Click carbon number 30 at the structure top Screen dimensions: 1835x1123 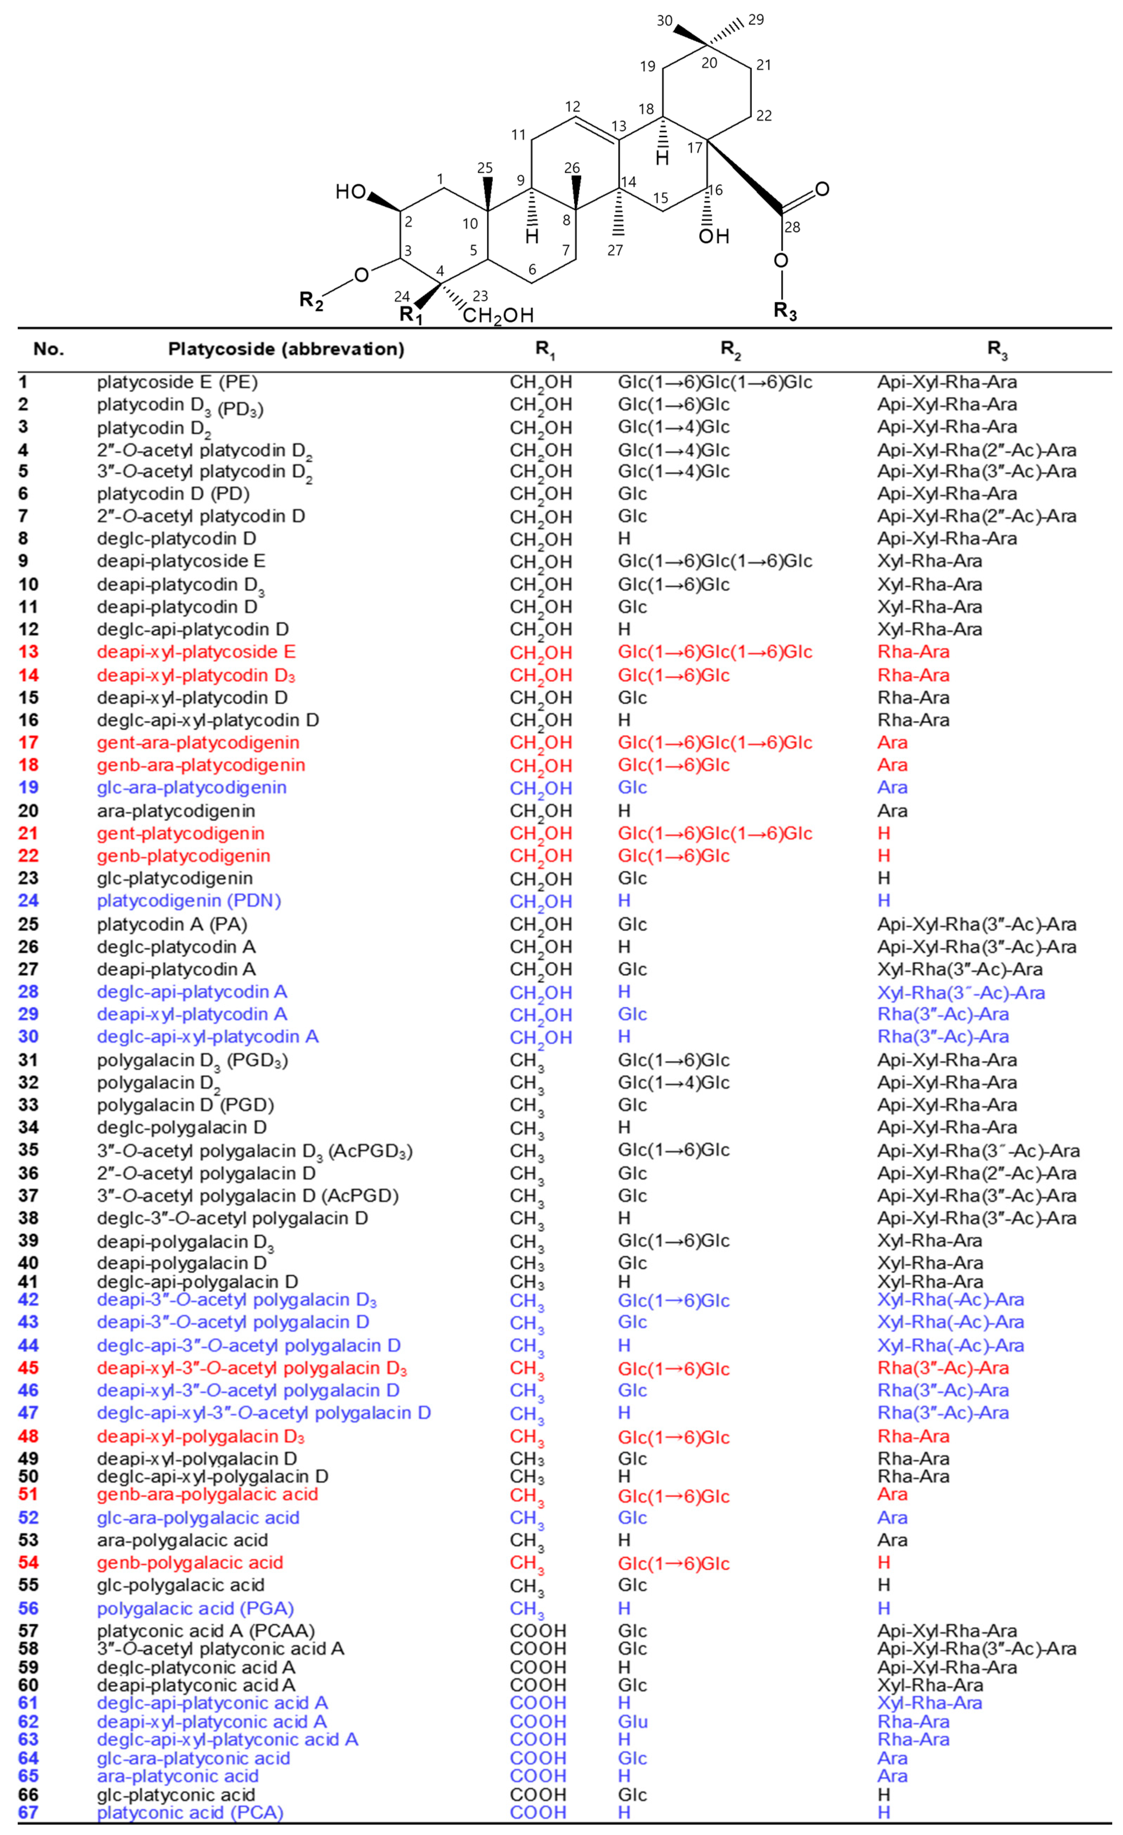(664, 21)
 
